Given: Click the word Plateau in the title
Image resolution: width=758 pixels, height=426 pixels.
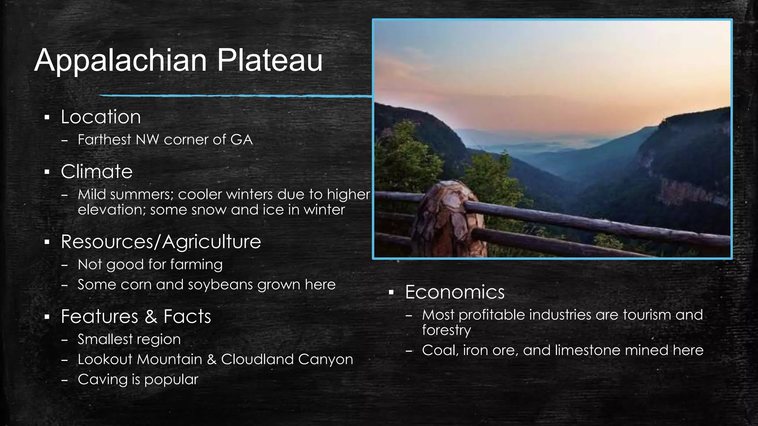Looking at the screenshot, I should point(269,60).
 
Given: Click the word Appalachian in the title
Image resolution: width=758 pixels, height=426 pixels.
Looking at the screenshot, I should point(121,60).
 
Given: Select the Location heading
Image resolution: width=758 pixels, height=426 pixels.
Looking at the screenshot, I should point(101,117).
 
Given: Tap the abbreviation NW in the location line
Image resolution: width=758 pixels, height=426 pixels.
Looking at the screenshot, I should point(148,140).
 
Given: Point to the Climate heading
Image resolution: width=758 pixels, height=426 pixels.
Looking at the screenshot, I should point(97,172).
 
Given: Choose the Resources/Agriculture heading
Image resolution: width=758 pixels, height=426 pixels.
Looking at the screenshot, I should point(161,242).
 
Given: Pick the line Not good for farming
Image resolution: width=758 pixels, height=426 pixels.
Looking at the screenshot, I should point(150,265).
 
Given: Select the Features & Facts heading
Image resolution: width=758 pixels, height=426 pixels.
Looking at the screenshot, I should point(136,317).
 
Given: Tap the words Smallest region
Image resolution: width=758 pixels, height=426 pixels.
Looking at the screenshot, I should point(129,339).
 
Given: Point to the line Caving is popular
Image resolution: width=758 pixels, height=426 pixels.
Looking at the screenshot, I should point(138,379).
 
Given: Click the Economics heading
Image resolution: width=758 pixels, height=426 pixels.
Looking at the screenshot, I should point(455,292).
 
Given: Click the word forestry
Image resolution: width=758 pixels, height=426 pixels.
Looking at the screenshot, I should point(446,330).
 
